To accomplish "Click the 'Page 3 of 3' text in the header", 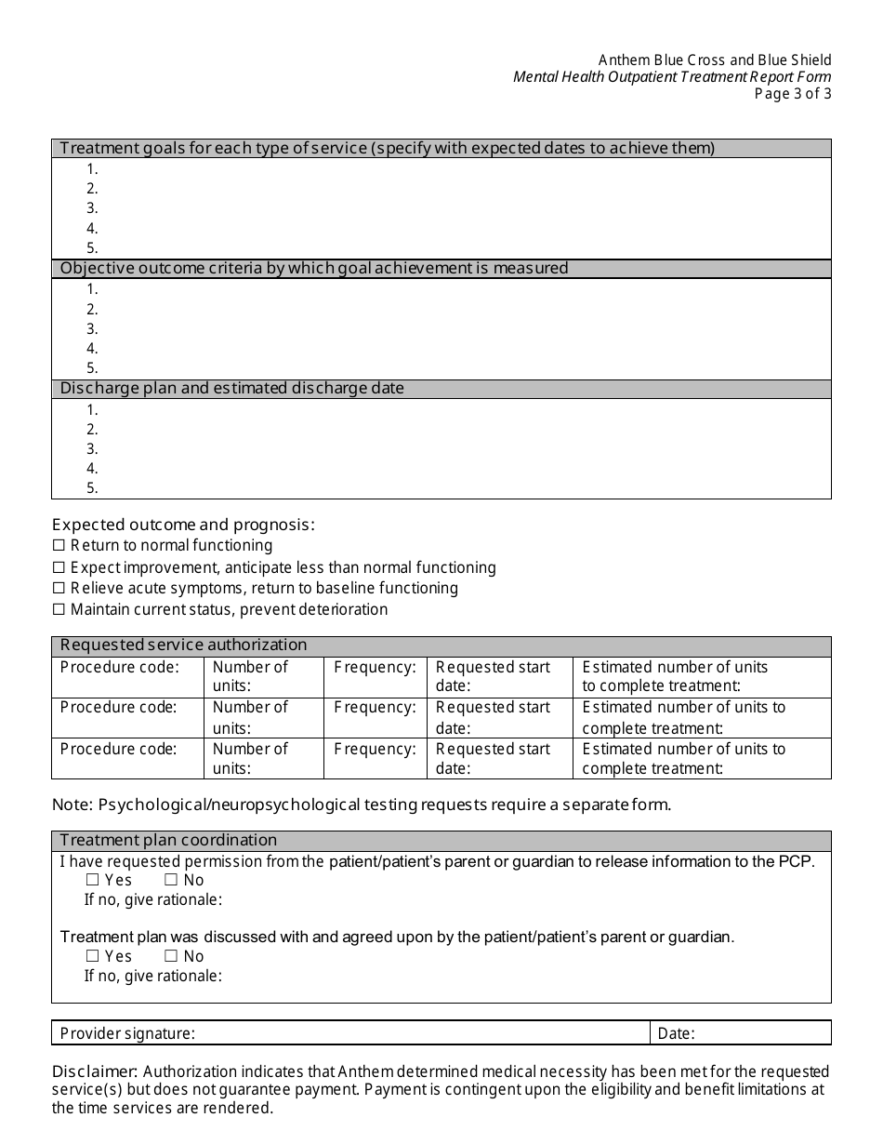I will click(x=793, y=93).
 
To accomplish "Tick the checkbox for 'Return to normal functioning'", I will click(x=59, y=546).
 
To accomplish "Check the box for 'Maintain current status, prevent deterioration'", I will click(x=59, y=610).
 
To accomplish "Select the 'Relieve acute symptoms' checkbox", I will click(x=59, y=589).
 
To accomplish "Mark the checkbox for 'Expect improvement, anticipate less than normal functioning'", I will click(x=59, y=567).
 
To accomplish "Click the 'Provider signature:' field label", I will click(x=127, y=1033).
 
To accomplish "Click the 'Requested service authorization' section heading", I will click(x=183, y=645).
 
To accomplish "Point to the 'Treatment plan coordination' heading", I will click(x=168, y=841).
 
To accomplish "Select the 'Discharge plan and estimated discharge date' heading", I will click(x=231, y=389).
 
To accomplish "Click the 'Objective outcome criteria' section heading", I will click(x=313, y=269).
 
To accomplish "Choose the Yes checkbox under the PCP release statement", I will click(x=92, y=880).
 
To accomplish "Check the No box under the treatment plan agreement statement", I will click(x=171, y=956).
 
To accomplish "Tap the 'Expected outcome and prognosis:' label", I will click(x=183, y=525).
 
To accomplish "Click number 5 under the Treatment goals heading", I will click(x=92, y=248).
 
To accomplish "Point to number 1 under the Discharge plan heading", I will click(x=92, y=410).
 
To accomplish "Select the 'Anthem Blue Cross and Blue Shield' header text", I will click(x=715, y=60).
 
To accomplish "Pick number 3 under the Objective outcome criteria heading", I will click(x=92, y=329).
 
